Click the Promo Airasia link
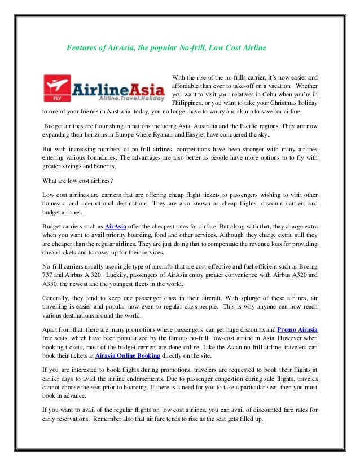coord(297,328)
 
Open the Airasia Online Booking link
coord(128,355)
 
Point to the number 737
coord(50,276)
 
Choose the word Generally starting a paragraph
coord(58,297)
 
